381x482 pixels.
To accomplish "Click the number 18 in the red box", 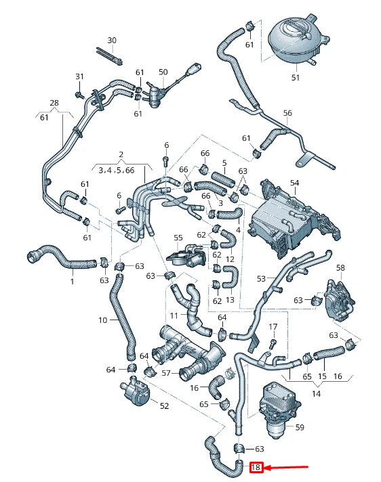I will [256, 467].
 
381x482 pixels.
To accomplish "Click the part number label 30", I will [112, 41].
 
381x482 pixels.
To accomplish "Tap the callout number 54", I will [294, 183].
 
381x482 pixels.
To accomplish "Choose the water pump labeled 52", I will [137, 392].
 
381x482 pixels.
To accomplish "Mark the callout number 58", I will [340, 269].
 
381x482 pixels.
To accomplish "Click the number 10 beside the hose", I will [103, 320].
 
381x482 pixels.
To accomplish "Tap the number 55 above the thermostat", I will [178, 238].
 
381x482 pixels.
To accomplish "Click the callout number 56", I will [287, 113].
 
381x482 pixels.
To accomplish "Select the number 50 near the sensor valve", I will [163, 72].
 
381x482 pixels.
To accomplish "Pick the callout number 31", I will [79, 76].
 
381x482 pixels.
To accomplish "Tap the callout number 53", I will [261, 279].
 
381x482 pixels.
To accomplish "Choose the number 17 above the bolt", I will [273, 327].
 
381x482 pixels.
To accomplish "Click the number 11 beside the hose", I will [174, 316].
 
